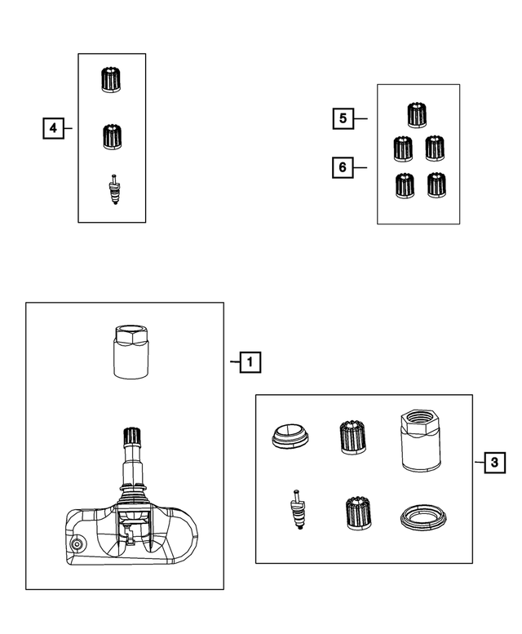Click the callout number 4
coord(53,128)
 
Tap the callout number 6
coord(343,167)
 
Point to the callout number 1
coord(250,361)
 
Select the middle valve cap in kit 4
coord(112,136)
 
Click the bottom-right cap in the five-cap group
coord(436,187)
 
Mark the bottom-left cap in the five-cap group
coord(402,187)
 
